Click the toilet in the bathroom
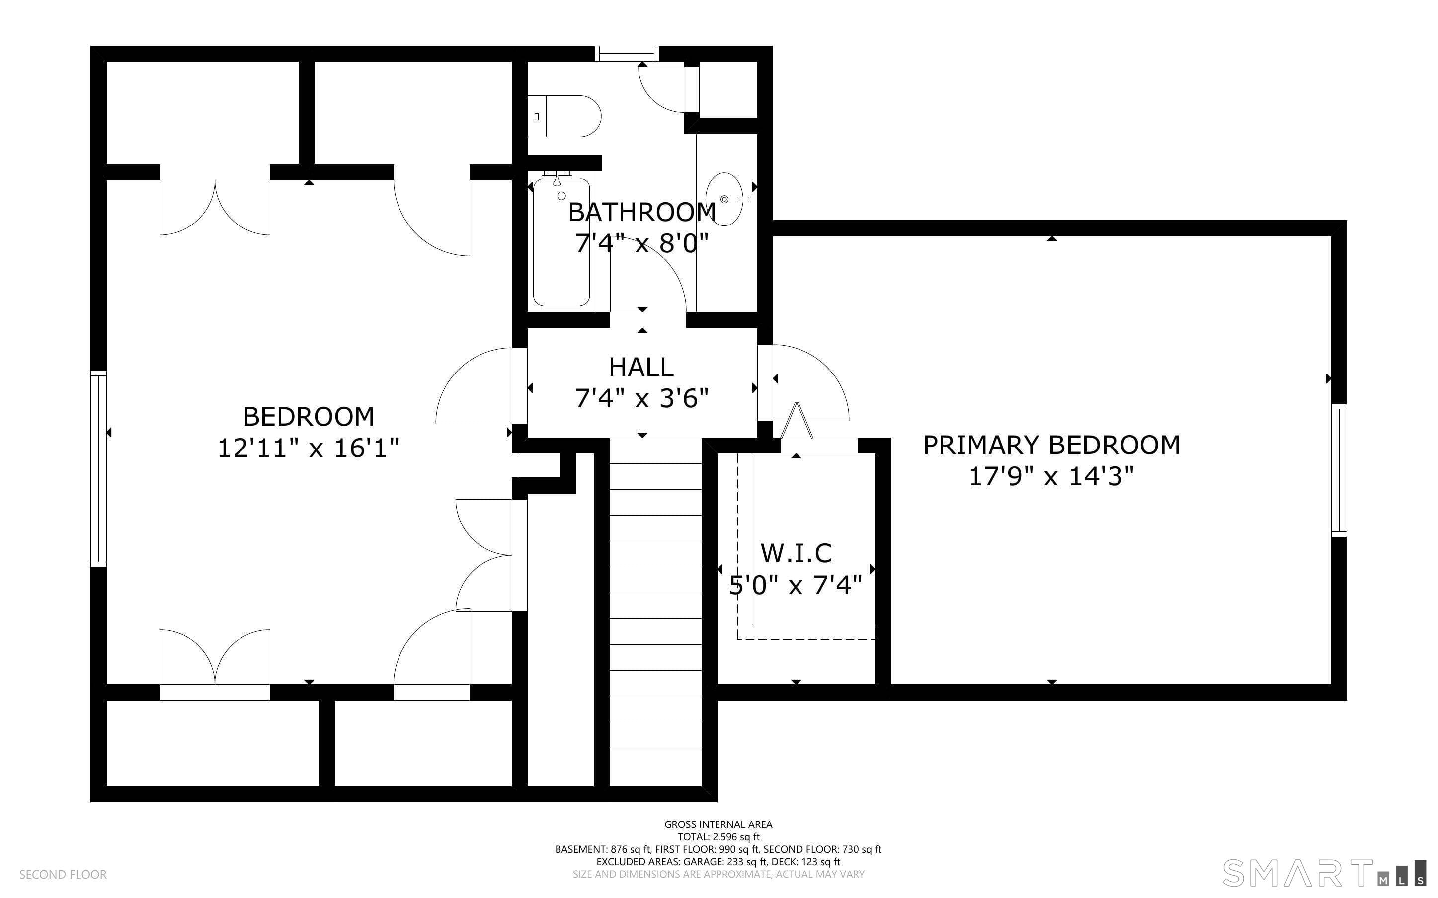(564, 116)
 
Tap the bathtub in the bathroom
(561, 242)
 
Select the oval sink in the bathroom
(724, 199)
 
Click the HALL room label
(641, 367)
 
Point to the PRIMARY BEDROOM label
(1051, 445)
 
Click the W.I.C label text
(796, 553)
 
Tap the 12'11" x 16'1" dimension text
(308, 448)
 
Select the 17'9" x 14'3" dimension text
(1051, 476)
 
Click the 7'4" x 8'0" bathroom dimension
(642, 243)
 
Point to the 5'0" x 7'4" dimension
(796, 586)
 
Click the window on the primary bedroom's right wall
(1339, 470)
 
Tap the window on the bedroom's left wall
(98, 468)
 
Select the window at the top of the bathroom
(627, 54)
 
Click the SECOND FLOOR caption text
(63, 874)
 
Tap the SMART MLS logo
(1324, 873)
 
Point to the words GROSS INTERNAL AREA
(718, 824)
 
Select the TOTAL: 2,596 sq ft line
(719, 837)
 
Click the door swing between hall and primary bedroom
(811, 383)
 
